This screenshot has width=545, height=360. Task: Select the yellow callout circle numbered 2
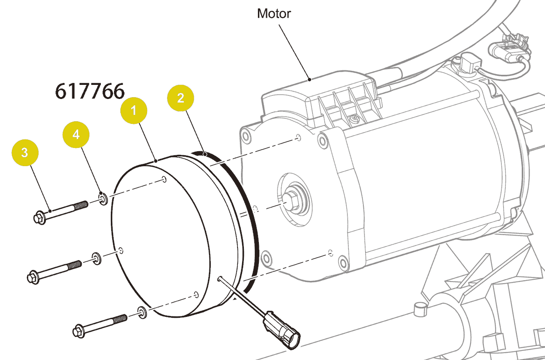(x=181, y=98)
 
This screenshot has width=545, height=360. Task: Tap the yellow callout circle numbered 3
(x=25, y=153)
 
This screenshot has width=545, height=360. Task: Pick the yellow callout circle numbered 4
(x=76, y=134)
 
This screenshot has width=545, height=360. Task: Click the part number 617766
(x=89, y=91)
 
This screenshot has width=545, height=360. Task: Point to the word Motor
(x=274, y=13)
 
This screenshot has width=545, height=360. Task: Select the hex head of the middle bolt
(x=33, y=276)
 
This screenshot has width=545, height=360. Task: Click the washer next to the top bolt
(x=103, y=198)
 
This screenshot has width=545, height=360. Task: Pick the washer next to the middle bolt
(x=97, y=258)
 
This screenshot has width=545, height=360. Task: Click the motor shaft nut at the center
(x=289, y=200)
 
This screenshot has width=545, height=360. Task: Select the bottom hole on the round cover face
(x=195, y=294)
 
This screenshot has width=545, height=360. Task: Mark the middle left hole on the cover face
(x=121, y=250)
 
